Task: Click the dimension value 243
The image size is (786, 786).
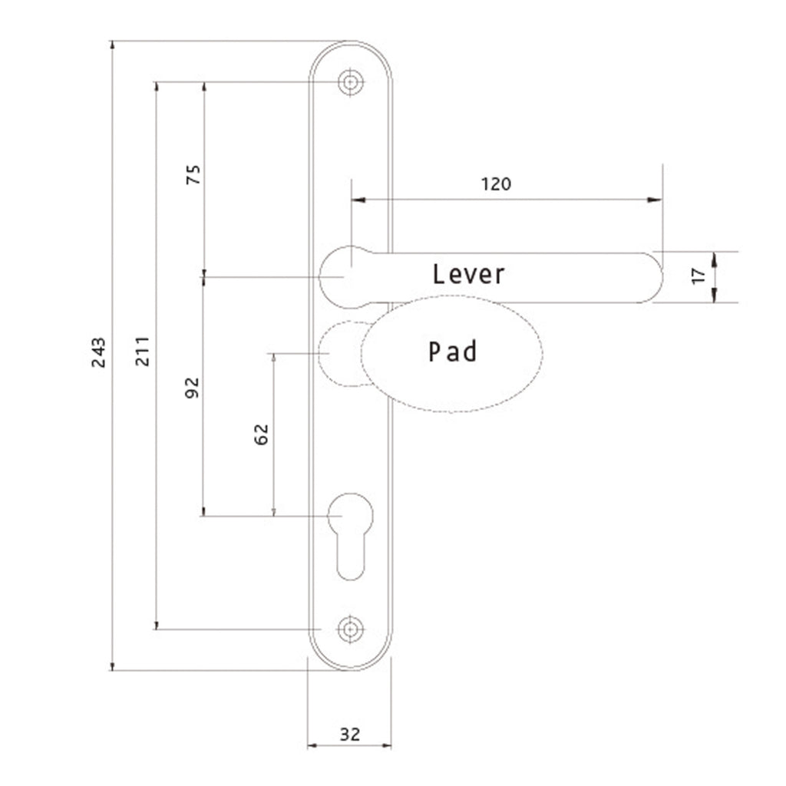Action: coord(99,352)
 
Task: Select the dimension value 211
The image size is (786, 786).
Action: coord(143,351)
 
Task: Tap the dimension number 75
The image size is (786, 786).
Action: coord(193,174)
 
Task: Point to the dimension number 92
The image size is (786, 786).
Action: coord(192,388)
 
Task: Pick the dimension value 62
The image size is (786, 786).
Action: coord(261,434)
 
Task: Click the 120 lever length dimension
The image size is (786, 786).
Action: coord(497,184)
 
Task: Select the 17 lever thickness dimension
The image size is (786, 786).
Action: coord(698,276)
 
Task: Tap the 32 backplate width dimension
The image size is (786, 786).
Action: coord(350,735)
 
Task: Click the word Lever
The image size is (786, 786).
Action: coord(469,274)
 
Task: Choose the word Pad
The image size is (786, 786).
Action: coord(453,351)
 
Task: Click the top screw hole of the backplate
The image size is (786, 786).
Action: coord(350,81)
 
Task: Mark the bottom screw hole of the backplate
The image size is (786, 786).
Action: coord(350,629)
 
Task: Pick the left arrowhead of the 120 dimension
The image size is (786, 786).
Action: coord(358,200)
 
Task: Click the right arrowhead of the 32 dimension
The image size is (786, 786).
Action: coord(387,745)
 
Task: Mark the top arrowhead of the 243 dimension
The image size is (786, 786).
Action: coord(112,45)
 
